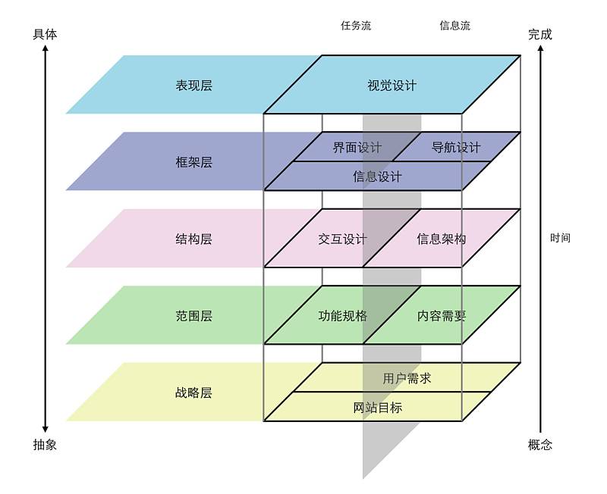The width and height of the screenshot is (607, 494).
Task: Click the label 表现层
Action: point(194,85)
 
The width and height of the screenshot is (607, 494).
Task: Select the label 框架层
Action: point(194,162)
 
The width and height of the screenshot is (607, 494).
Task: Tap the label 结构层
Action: point(194,239)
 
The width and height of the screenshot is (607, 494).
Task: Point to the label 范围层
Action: point(194,316)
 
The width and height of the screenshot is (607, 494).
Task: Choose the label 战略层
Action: point(194,392)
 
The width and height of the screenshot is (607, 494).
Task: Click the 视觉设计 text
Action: point(392,85)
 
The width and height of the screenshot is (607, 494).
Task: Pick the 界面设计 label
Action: point(357,147)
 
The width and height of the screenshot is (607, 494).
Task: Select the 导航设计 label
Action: point(456,147)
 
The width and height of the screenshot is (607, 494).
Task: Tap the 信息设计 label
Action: point(377,177)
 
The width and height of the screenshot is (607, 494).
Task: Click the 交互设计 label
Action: point(342,239)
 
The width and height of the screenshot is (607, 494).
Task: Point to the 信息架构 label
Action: point(442,239)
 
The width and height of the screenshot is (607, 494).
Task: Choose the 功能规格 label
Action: point(343,316)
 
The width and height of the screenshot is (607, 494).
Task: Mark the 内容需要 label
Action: point(442,316)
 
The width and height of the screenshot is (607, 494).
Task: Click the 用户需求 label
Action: point(407,378)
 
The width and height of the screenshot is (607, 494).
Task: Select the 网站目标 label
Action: point(377,408)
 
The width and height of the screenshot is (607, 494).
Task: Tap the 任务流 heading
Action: point(356,26)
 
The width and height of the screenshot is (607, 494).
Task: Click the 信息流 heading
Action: point(454,26)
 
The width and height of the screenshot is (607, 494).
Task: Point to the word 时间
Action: point(560,238)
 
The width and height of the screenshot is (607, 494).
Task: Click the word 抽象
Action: point(45,445)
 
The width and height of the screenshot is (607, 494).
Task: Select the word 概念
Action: point(540,445)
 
